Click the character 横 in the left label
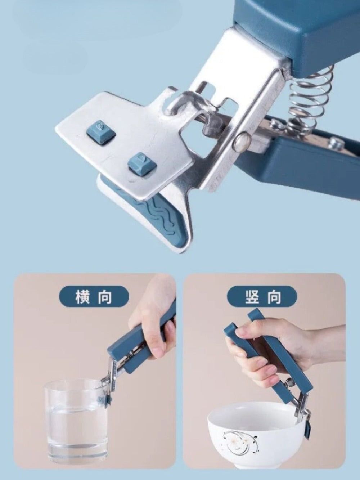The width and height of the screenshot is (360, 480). coord(82,297)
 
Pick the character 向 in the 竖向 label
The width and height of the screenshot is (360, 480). coord(274,297)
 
